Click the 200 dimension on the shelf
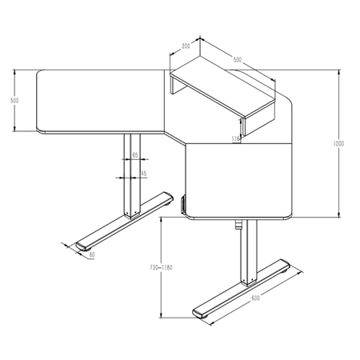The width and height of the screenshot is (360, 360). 186,47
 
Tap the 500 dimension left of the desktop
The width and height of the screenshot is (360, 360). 14,101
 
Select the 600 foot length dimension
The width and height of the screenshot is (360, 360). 255,298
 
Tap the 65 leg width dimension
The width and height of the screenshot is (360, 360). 135,154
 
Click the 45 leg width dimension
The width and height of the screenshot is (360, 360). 143,173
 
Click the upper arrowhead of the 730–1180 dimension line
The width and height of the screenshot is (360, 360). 162,223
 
